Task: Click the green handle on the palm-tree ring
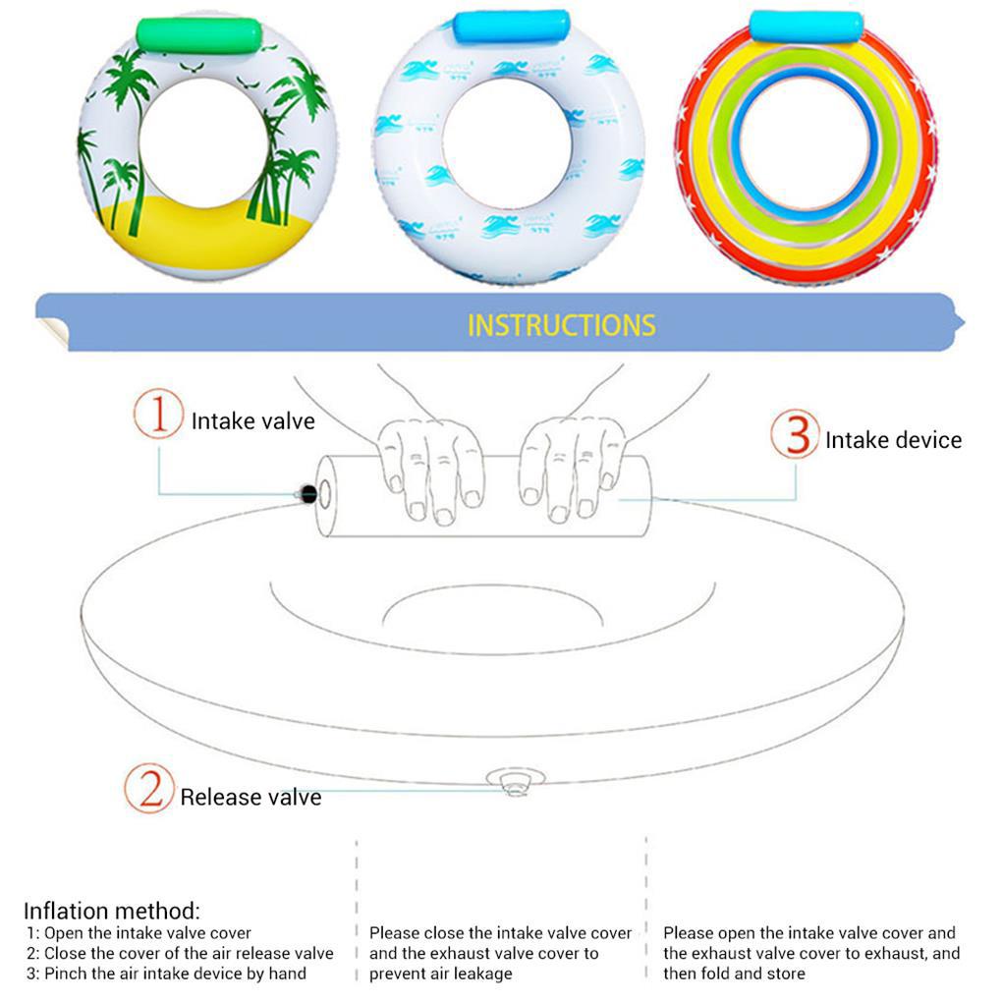[x=199, y=35]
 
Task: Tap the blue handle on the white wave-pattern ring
[x=511, y=26]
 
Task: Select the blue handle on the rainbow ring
[x=806, y=27]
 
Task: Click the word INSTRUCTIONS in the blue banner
[x=561, y=325]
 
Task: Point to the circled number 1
[x=158, y=416]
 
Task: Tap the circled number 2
[x=148, y=789]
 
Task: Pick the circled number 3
[x=794, y=435]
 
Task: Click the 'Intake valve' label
[x=253, y=421]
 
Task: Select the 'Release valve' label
[x=250, y=797]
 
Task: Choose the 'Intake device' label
[x=893, y=440]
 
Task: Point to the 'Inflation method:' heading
[x=111, y=911]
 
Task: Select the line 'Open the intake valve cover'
[x=147, y=933]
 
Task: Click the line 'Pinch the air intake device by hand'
[x=175, y=974]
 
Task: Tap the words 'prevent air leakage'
[x=441, y=974]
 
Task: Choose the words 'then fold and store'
[x=734, y=974]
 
